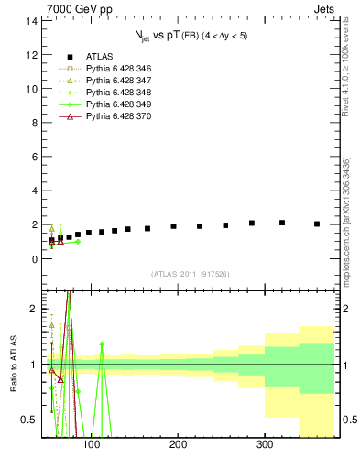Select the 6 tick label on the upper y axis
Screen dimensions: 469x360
pyautogui.click(x=34, y=157)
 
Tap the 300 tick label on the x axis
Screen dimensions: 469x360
pyautogui.click(x=265, y=446)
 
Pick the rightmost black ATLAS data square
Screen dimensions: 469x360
pyautogui.click(x=317, y=224)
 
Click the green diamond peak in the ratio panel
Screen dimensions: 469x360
pyautogui.click(x=102, y=344)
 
